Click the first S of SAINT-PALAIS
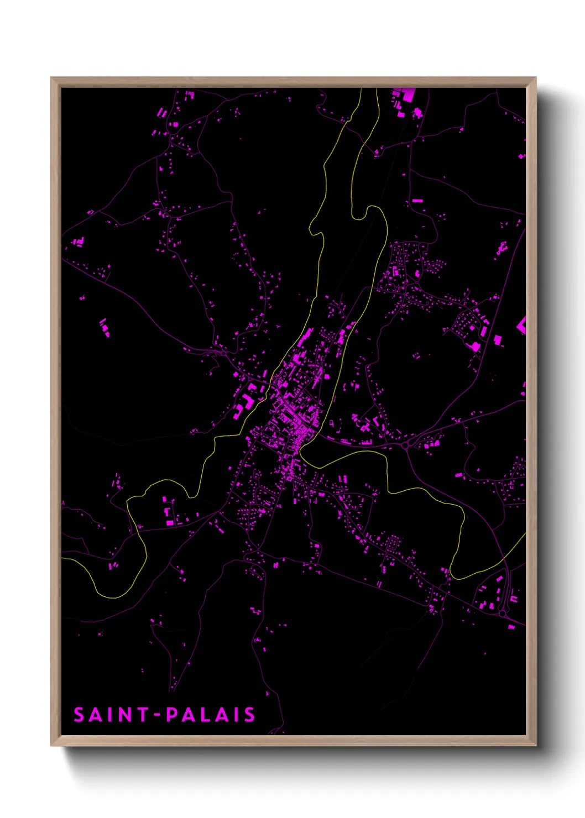79,715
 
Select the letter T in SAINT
143,715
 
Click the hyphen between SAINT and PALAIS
157,715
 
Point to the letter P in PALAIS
172,715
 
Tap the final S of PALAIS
249,715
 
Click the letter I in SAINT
112,715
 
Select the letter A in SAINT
96,715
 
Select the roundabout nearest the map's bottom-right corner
502,613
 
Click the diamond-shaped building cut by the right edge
521,325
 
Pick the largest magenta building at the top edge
408,95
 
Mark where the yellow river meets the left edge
62,558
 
